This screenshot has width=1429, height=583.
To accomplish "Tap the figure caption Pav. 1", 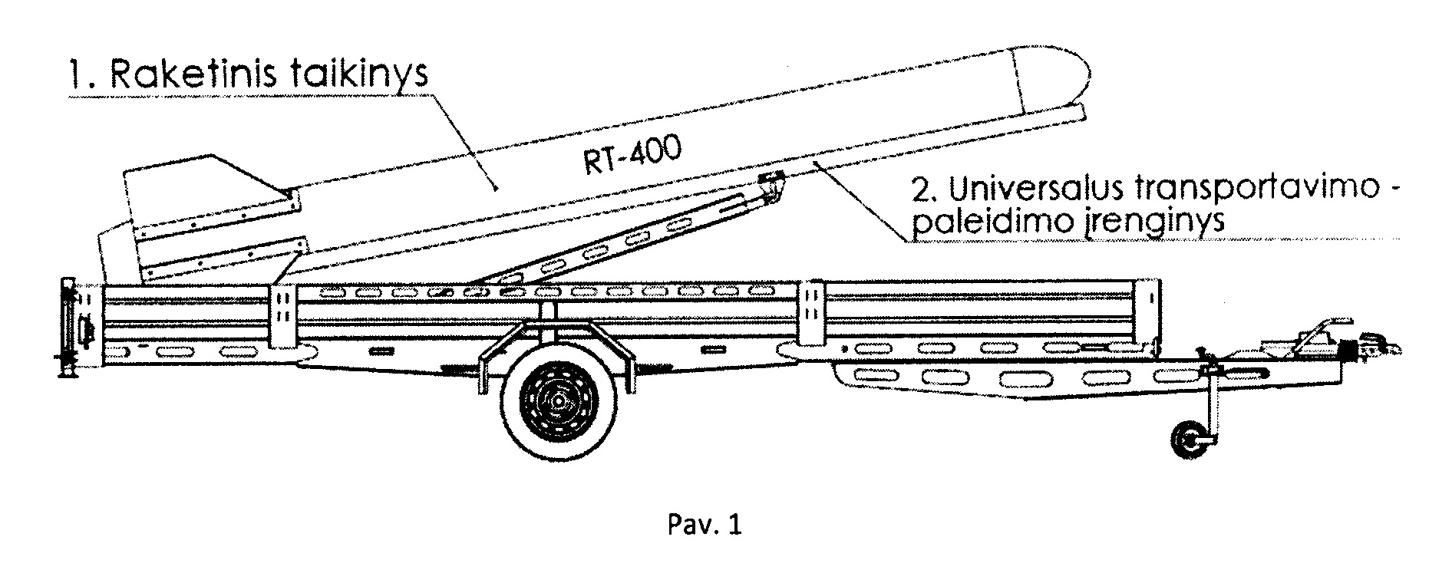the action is pos(705,525).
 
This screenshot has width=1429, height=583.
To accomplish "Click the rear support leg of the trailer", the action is pos(68,330).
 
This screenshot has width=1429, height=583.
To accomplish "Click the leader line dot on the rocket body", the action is pos(496,188).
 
